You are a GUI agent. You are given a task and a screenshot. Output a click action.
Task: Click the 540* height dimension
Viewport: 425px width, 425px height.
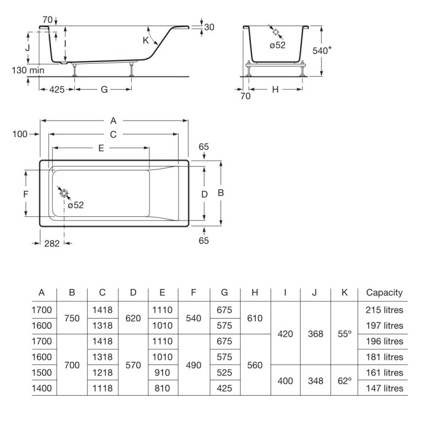pyautogui.click(x=322, y=50)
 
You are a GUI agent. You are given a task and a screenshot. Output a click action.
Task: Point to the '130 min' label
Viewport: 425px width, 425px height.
pyautogui.click(x=28, y=70)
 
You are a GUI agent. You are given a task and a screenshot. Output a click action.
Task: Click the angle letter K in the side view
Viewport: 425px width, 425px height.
pyautogui.click(x=145, y=40)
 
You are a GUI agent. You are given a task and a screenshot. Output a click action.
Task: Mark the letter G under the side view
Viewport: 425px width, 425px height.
pyautogui.click(x=104, y=90)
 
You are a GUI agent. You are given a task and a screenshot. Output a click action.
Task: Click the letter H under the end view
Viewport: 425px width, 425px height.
pyautogui.click(x=275, y=90)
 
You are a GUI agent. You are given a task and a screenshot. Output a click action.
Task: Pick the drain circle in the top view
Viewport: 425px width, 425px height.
pyautogui.click(x=64, y=193)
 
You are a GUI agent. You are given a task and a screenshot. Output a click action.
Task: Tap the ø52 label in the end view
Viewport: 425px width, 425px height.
pyautogui.click(x=277, y=45)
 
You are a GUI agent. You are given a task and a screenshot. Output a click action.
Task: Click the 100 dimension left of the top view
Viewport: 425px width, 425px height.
pyautogui.click(x=20, y=134)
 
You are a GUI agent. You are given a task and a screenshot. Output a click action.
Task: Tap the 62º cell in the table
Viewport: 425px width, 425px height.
pyautogui.click(x=345, y=380)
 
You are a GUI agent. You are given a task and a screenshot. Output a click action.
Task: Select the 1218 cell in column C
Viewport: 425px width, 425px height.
pyautogui.click(x=103, y=372)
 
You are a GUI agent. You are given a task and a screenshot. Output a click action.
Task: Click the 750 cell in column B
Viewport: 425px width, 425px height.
pyautogui.click(x=72, y=317)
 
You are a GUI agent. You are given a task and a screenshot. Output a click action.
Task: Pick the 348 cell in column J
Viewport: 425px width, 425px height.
pyautogui.click(x=315, y=380)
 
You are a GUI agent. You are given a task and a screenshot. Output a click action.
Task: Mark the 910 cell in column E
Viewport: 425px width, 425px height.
pyautogui.click(x=163, y=372)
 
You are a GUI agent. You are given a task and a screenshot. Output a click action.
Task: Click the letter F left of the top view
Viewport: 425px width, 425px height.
pyautogui.click(x=25, y=194)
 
